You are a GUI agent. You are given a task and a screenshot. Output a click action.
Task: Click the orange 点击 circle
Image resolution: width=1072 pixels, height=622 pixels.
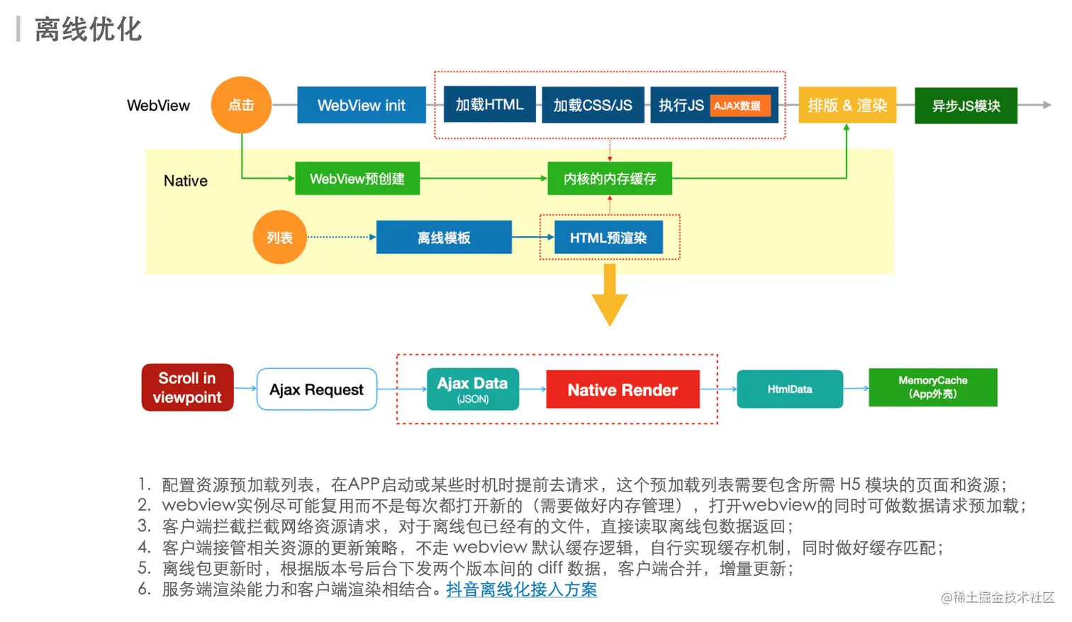point(241,105)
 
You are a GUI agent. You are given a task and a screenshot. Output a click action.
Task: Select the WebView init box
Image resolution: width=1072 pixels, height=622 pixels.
point(362,105)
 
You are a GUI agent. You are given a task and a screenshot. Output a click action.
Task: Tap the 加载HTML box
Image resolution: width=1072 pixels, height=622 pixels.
point(490,104)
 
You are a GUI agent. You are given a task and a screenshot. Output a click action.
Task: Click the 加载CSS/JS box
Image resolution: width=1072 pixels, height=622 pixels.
point(593,105)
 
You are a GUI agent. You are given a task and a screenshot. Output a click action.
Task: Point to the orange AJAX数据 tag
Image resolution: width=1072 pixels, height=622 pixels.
point(740,106)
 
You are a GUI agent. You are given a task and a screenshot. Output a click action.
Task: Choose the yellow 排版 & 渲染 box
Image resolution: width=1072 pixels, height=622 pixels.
point(847,105)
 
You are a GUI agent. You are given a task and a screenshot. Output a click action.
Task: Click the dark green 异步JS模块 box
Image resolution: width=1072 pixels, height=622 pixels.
point(966,106)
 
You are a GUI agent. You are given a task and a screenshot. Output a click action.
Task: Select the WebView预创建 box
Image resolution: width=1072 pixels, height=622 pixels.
point(357,179)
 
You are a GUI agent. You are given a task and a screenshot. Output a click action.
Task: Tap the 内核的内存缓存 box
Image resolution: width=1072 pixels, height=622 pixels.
point(610,179)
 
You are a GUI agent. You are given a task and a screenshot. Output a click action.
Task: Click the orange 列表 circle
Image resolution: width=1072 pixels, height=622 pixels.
point(280,237)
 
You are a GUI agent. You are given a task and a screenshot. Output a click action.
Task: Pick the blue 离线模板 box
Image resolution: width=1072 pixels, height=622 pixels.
point(444,237)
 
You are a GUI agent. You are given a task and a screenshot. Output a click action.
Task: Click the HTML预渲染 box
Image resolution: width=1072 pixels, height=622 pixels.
point(609,237)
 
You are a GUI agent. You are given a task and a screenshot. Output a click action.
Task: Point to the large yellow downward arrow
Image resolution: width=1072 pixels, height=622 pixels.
point(610,294)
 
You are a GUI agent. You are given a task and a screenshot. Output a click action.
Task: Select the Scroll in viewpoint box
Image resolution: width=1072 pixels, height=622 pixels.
point(188,387)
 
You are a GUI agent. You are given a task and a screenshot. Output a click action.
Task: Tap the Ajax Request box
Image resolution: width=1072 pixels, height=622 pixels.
point(317,389)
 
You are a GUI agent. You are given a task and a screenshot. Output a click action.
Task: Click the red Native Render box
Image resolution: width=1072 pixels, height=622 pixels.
point(622,389)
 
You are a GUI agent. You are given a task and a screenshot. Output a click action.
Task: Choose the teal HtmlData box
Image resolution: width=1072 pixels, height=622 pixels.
point(790,389)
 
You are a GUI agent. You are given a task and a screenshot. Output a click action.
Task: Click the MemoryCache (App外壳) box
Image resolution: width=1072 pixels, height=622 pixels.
point(933,387)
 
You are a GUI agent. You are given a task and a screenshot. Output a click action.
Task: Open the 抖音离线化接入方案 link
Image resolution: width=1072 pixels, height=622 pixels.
point(522,589)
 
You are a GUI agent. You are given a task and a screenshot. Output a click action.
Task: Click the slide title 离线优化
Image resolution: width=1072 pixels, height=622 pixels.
point(89,29)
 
